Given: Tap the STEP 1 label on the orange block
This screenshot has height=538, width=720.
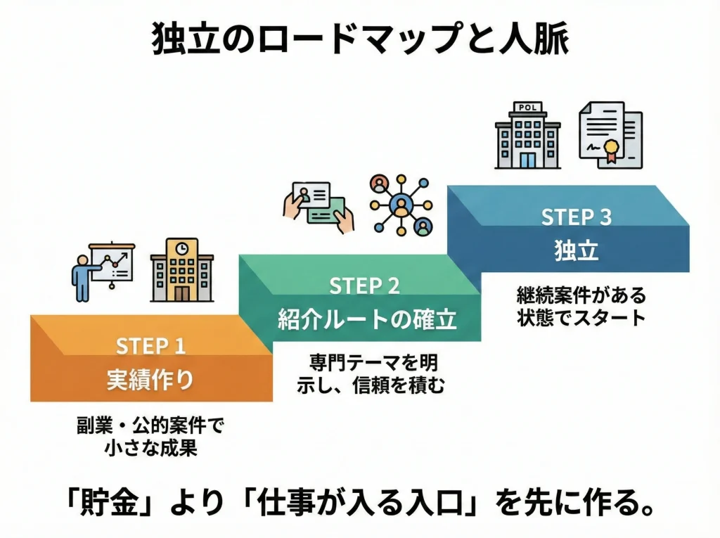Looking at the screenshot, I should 151,347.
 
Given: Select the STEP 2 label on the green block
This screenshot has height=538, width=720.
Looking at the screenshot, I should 364,286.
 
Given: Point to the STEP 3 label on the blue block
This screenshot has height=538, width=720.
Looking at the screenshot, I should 576,217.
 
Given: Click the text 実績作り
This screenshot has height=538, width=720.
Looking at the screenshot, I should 150,380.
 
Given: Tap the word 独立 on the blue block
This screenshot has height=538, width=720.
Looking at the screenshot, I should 576,252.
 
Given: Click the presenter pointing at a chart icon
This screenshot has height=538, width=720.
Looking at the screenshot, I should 102,271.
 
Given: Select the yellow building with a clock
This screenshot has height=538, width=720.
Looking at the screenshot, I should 182,270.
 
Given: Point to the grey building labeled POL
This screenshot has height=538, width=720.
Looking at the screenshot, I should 527,135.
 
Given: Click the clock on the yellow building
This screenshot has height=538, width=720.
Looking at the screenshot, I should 182,248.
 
